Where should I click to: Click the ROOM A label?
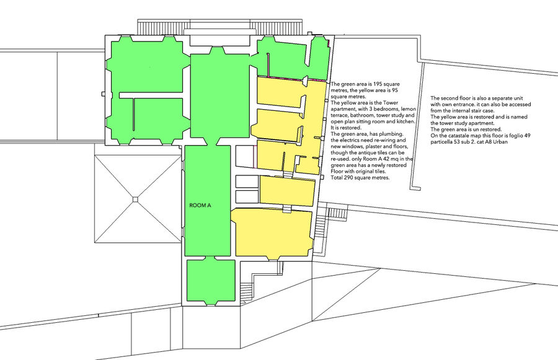[200, 205]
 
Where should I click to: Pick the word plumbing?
[392, 134]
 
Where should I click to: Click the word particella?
[442, 142]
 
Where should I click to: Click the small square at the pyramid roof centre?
[135, 199]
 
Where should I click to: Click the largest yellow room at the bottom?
[272, 233]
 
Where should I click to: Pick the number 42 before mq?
[391, 159]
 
